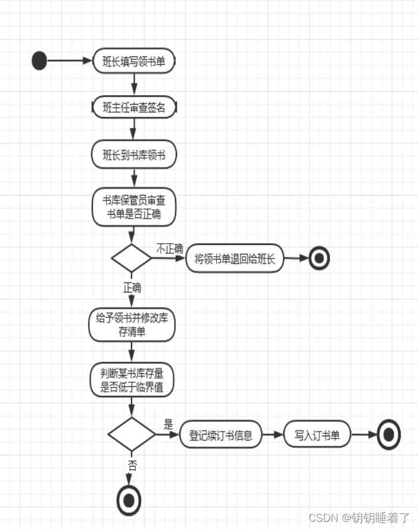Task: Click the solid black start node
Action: click(x=39, y=61)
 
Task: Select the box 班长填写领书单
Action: click(x=134, y=61)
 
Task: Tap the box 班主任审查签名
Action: click(x=134, y=108)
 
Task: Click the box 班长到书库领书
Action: click(x=134, y=155)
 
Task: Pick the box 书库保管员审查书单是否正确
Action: click(x=134, y=207)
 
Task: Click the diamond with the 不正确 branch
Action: click(x=132, y=259)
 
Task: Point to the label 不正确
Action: click(x=169, y=248)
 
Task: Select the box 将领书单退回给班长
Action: click(x=235, y=259)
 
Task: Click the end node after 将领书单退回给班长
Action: click(x=319, y=259)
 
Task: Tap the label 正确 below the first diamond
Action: click(x=132, y=288)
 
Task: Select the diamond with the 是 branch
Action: click(x=132, y=434)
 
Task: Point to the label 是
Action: click(x=169, y=424)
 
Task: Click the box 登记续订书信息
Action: click(x=221, y=435)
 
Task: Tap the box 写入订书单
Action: click(x=317, y=435)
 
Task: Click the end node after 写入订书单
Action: click(x=389, y=435)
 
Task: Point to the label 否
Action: click(x=132, y=465)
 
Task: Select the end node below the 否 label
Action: click(x=129, y=499)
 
